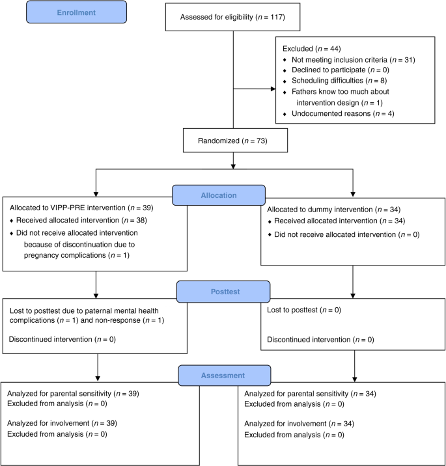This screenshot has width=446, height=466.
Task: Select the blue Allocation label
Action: pos(218,195)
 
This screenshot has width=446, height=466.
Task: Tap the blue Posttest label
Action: pos(223,291)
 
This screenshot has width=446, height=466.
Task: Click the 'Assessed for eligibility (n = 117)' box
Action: pos(232,18)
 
